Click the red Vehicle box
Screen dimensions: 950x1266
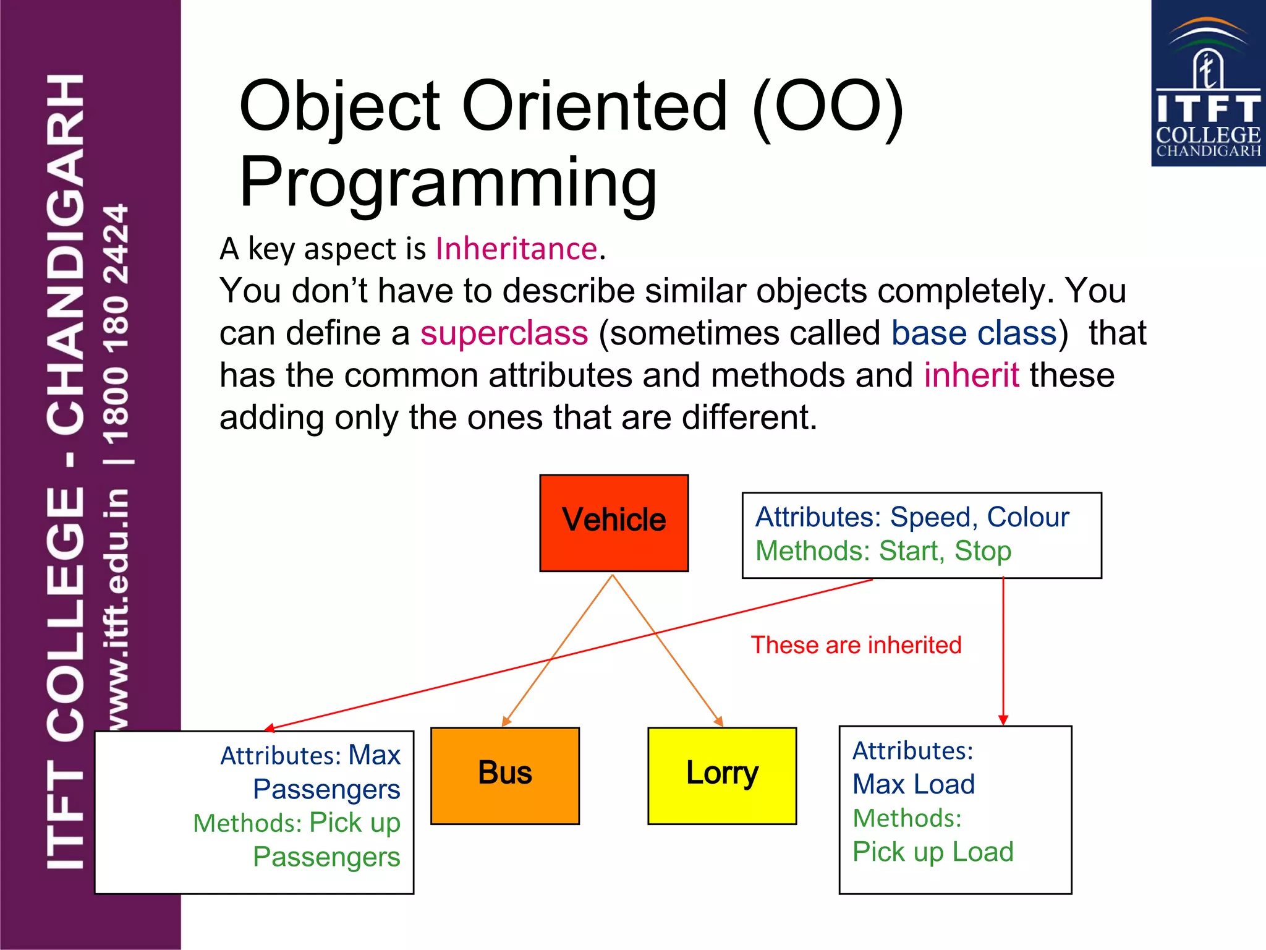[x=614, y=523]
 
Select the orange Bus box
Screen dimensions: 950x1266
[x=505, y=776]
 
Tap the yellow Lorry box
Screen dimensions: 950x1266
[x=722, y=776]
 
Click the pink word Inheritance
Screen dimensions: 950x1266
[x=517, y=249]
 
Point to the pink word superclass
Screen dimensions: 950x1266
[x=504, y=333]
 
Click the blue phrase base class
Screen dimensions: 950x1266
[x=974, y=333]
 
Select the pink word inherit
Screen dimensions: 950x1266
[x=971, y=375]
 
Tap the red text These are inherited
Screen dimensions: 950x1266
[x=856, y=645]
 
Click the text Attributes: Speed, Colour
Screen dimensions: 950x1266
[x=912, y=517]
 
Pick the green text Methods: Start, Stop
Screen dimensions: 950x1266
[x=883, y=551]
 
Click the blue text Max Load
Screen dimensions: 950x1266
[x=914, y=784]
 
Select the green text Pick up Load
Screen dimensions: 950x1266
[x=933, y=852]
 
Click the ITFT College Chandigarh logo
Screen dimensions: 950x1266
[x=1208, y=84]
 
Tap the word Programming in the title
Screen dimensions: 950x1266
[x=448, y=182]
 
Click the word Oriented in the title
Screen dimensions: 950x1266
[x=595, y=106]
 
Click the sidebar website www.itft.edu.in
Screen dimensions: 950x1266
[x=117, y=609]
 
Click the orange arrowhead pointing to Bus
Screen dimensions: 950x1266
[x=506, y=722]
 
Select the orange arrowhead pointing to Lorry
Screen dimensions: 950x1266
[x=719, y=722]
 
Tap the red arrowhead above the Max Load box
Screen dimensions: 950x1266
[x=1003, y=720]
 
